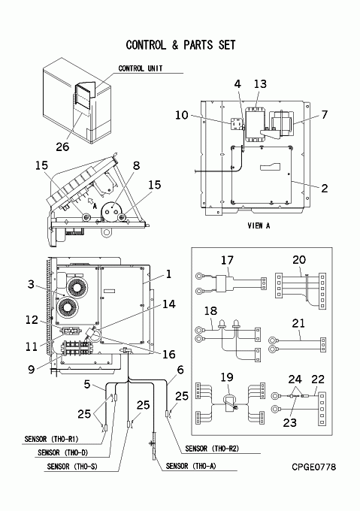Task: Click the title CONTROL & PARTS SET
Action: [x=180, y=45]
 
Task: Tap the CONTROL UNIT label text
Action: [x=140, y=68]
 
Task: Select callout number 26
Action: [x=62, y=147]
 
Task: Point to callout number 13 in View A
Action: [x=260, y=84]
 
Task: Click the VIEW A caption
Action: [x=259, y=225]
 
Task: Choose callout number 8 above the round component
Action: [x=137, y=165]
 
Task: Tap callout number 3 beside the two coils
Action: [x=31, y=284]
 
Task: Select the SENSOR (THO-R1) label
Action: [x=51, y=440]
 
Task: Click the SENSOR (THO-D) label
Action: [x=63, y=452]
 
